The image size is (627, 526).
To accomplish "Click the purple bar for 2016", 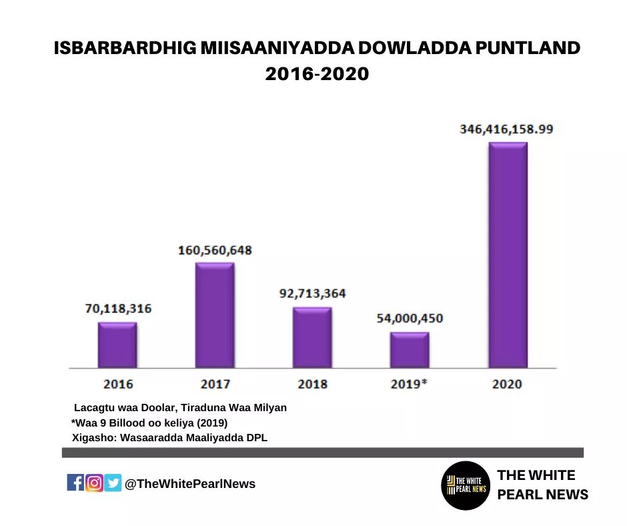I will click(117, 345).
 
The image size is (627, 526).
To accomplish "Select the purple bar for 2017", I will click(215, 315).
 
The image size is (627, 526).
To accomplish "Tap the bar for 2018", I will click(312, 338).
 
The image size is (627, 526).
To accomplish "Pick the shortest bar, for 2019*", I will click(410, 350).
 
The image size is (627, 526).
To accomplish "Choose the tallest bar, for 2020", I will click(508, 255).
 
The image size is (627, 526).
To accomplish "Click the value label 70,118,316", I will click(118, 308).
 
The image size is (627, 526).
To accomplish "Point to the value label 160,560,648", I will click(215, 250).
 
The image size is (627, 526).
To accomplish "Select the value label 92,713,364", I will click(312, 293).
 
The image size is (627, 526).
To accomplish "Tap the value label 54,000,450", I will click(410, 318).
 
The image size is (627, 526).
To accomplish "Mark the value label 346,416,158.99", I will click(506, 129).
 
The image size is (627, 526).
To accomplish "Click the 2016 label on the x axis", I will click(118, 384).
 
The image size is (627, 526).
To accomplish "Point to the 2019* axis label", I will click(410, 384).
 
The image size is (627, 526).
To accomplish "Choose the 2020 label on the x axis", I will click(507, 384).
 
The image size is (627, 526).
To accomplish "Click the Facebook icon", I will click(75, 483).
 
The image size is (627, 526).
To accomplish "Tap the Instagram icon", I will click(94, 483).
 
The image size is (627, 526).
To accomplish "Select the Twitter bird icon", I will click(113, 483).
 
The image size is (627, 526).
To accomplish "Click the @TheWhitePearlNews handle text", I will click(190, 484).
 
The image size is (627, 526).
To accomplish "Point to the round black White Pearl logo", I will click(466, 485).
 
